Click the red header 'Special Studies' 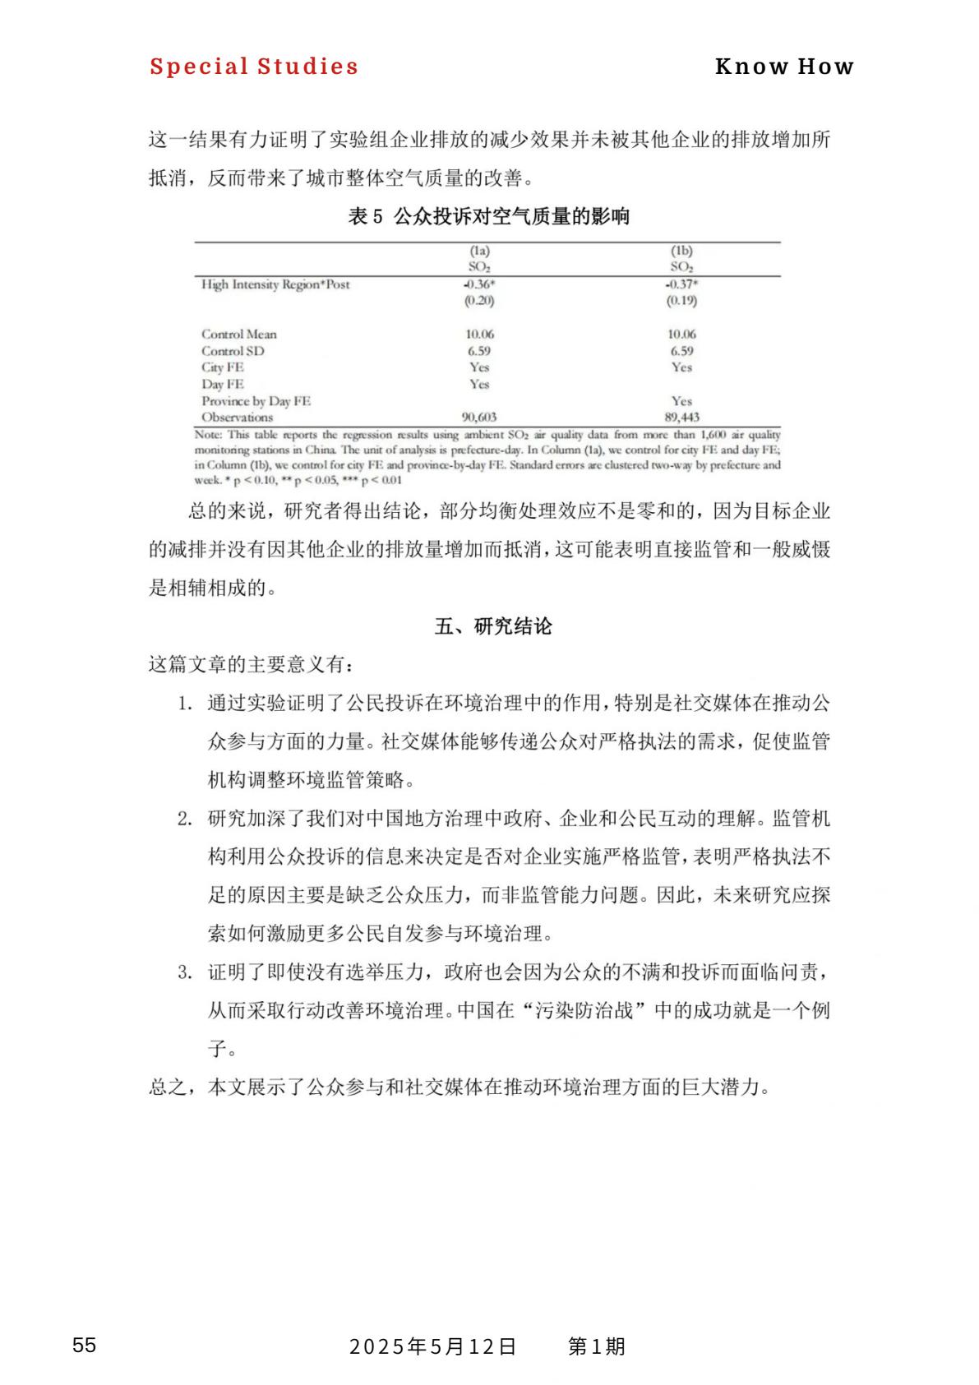(x=254, y=67)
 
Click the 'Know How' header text (x=784, y=67)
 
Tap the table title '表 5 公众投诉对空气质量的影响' (x=488, y=216)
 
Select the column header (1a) (x=479, y=251)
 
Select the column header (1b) (x=681, y=251)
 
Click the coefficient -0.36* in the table (x=479, y=284)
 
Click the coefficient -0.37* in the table (x=681, y=284)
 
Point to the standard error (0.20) (x=479, y=301)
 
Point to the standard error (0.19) (x=681, y=301)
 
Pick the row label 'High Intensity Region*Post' (x=275, y=284)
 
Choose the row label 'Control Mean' (x=239, y=335)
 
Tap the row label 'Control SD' (x=233, y=351)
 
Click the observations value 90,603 (x=479, y=417)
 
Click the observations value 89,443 (x=681, y=417)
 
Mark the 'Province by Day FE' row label (x=256, y=401)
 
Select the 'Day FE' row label (x=223, y=384)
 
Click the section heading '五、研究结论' (x=493, y=626)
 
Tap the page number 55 (x=84, y=1346)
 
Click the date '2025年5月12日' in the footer (x=433, y=1346)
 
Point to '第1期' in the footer (x=597, y=1346)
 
